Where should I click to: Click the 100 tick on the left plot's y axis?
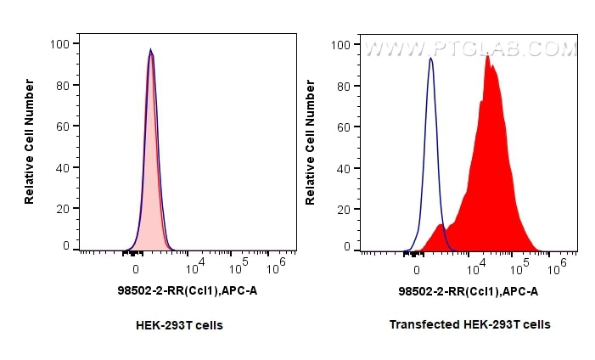pyautogui.click(x=62, y=43)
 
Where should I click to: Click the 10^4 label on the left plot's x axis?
pyautogui.click(x=194, y=267)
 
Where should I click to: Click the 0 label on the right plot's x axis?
pyautogui.click(x=417, y=270)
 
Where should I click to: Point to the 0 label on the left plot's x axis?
pyautogui.click(x=136, y=270)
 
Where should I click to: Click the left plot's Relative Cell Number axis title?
pyautogui.click(x=30, y=141)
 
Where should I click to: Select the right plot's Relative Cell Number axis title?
pyautogui.click(x=311, y=141)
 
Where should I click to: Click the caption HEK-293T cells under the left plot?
pyautogui.click(x=179, y=324)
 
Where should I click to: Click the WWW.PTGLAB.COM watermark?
pyautogui.click(x=470, y=50)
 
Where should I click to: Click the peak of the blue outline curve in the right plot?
pyautogui.click(x=431, y=59)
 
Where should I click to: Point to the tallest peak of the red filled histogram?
pyautogui.click(x=487, y=57)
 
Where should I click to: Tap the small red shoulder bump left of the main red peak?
pyautogui.click(x=439, y=226)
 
